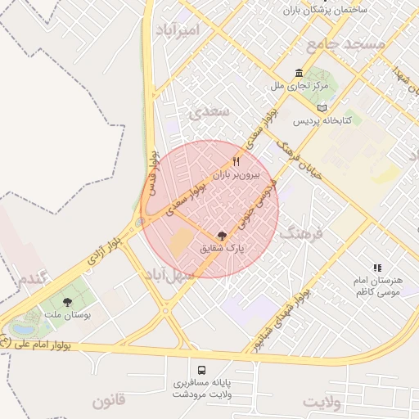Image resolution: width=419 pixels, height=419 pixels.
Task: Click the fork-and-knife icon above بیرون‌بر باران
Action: click(237, 161)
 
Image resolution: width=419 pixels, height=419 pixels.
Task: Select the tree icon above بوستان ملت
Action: click(67, 302)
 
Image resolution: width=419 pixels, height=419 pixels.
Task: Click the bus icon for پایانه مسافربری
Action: click(201, 369)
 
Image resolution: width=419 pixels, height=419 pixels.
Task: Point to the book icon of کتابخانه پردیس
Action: click(322, 107)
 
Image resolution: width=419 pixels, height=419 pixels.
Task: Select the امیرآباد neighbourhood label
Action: click(176, 30)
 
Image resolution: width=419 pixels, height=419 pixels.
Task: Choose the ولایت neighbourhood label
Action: click(321, 402)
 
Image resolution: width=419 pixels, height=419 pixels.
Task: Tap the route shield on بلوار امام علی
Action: click(7, 343)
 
